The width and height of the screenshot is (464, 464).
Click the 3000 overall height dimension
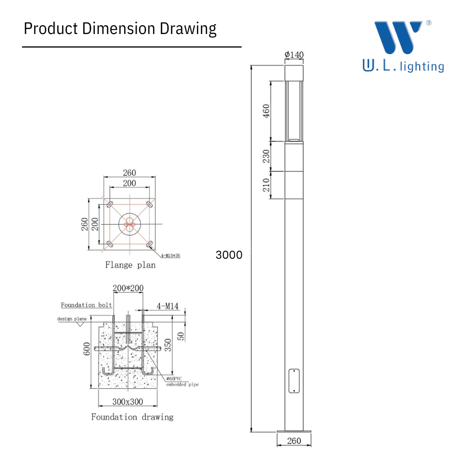click(229, 255)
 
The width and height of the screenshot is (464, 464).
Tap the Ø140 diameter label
click(293, 55)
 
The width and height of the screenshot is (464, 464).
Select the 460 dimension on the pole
click(267, 111)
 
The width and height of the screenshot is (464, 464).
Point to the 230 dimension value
click(267, 156)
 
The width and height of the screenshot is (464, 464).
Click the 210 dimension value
click(267, 185)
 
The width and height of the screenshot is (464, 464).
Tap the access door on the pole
click(294, 380)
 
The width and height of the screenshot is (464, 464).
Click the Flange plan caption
click(130, 265)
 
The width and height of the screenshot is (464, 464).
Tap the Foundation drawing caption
click(132, 417)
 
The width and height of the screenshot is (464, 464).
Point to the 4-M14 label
click(168, 307)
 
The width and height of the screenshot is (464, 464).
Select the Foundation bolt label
click(87, 305)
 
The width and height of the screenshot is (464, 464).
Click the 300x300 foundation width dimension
click(128, 402)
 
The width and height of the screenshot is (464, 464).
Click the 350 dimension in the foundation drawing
click(168, 344)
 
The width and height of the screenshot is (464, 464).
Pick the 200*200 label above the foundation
click(128, 288)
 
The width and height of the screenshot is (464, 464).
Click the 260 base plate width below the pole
click(294, 441)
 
